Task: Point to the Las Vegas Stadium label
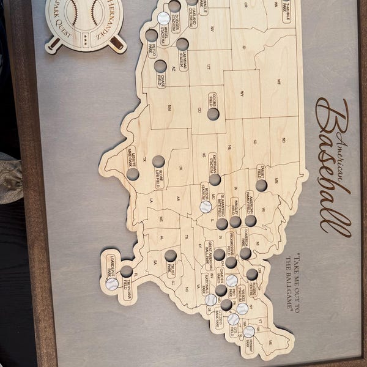(x=183, y=60)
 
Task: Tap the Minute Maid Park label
(x=132, y=158)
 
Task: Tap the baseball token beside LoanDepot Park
(x=112, y=284)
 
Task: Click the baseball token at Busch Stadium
(x=206, y=207)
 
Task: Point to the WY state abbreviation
(x=242, y=94)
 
